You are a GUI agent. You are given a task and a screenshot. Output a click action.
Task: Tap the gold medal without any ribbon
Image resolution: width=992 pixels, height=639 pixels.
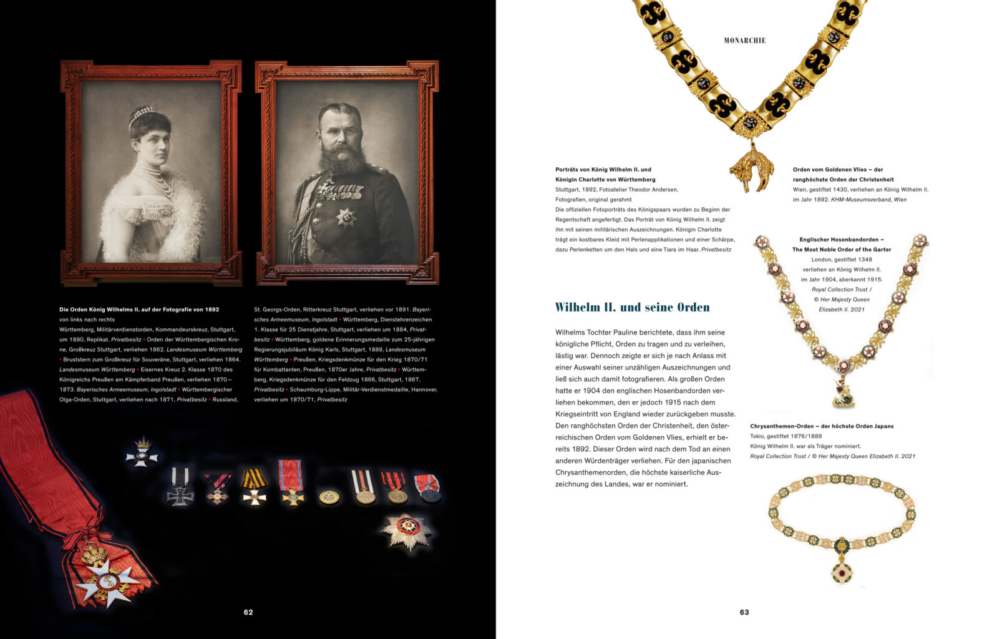pyautogui.click(x=329, y=497)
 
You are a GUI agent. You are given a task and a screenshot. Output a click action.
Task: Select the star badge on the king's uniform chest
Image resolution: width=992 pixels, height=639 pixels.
pyautogui.click(x=346, y=216)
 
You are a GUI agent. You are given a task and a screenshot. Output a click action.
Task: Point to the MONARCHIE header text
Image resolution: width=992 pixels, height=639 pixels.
pyautogui.click(x=744, y=41)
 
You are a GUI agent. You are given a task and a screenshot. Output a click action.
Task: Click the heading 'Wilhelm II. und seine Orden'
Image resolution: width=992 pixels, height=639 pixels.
pyautogui.click(x=632, y=307)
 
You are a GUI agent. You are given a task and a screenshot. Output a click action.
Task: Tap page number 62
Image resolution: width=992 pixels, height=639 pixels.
pyautogui.click(x=248, y=612)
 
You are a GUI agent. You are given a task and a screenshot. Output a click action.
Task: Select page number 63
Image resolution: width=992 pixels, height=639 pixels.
pyautogui.click(x=744, y=612)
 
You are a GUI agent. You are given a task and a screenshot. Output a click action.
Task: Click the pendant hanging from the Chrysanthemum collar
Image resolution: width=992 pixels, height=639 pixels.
pyautogui.click(x=842, y=569)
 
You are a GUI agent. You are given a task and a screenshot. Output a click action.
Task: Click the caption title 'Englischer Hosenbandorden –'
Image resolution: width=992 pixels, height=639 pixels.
pyautogui.click(x=841, y=240)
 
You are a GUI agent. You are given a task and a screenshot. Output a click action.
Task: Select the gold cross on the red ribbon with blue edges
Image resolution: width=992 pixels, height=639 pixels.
pyautogui.click(x=291, y=495)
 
